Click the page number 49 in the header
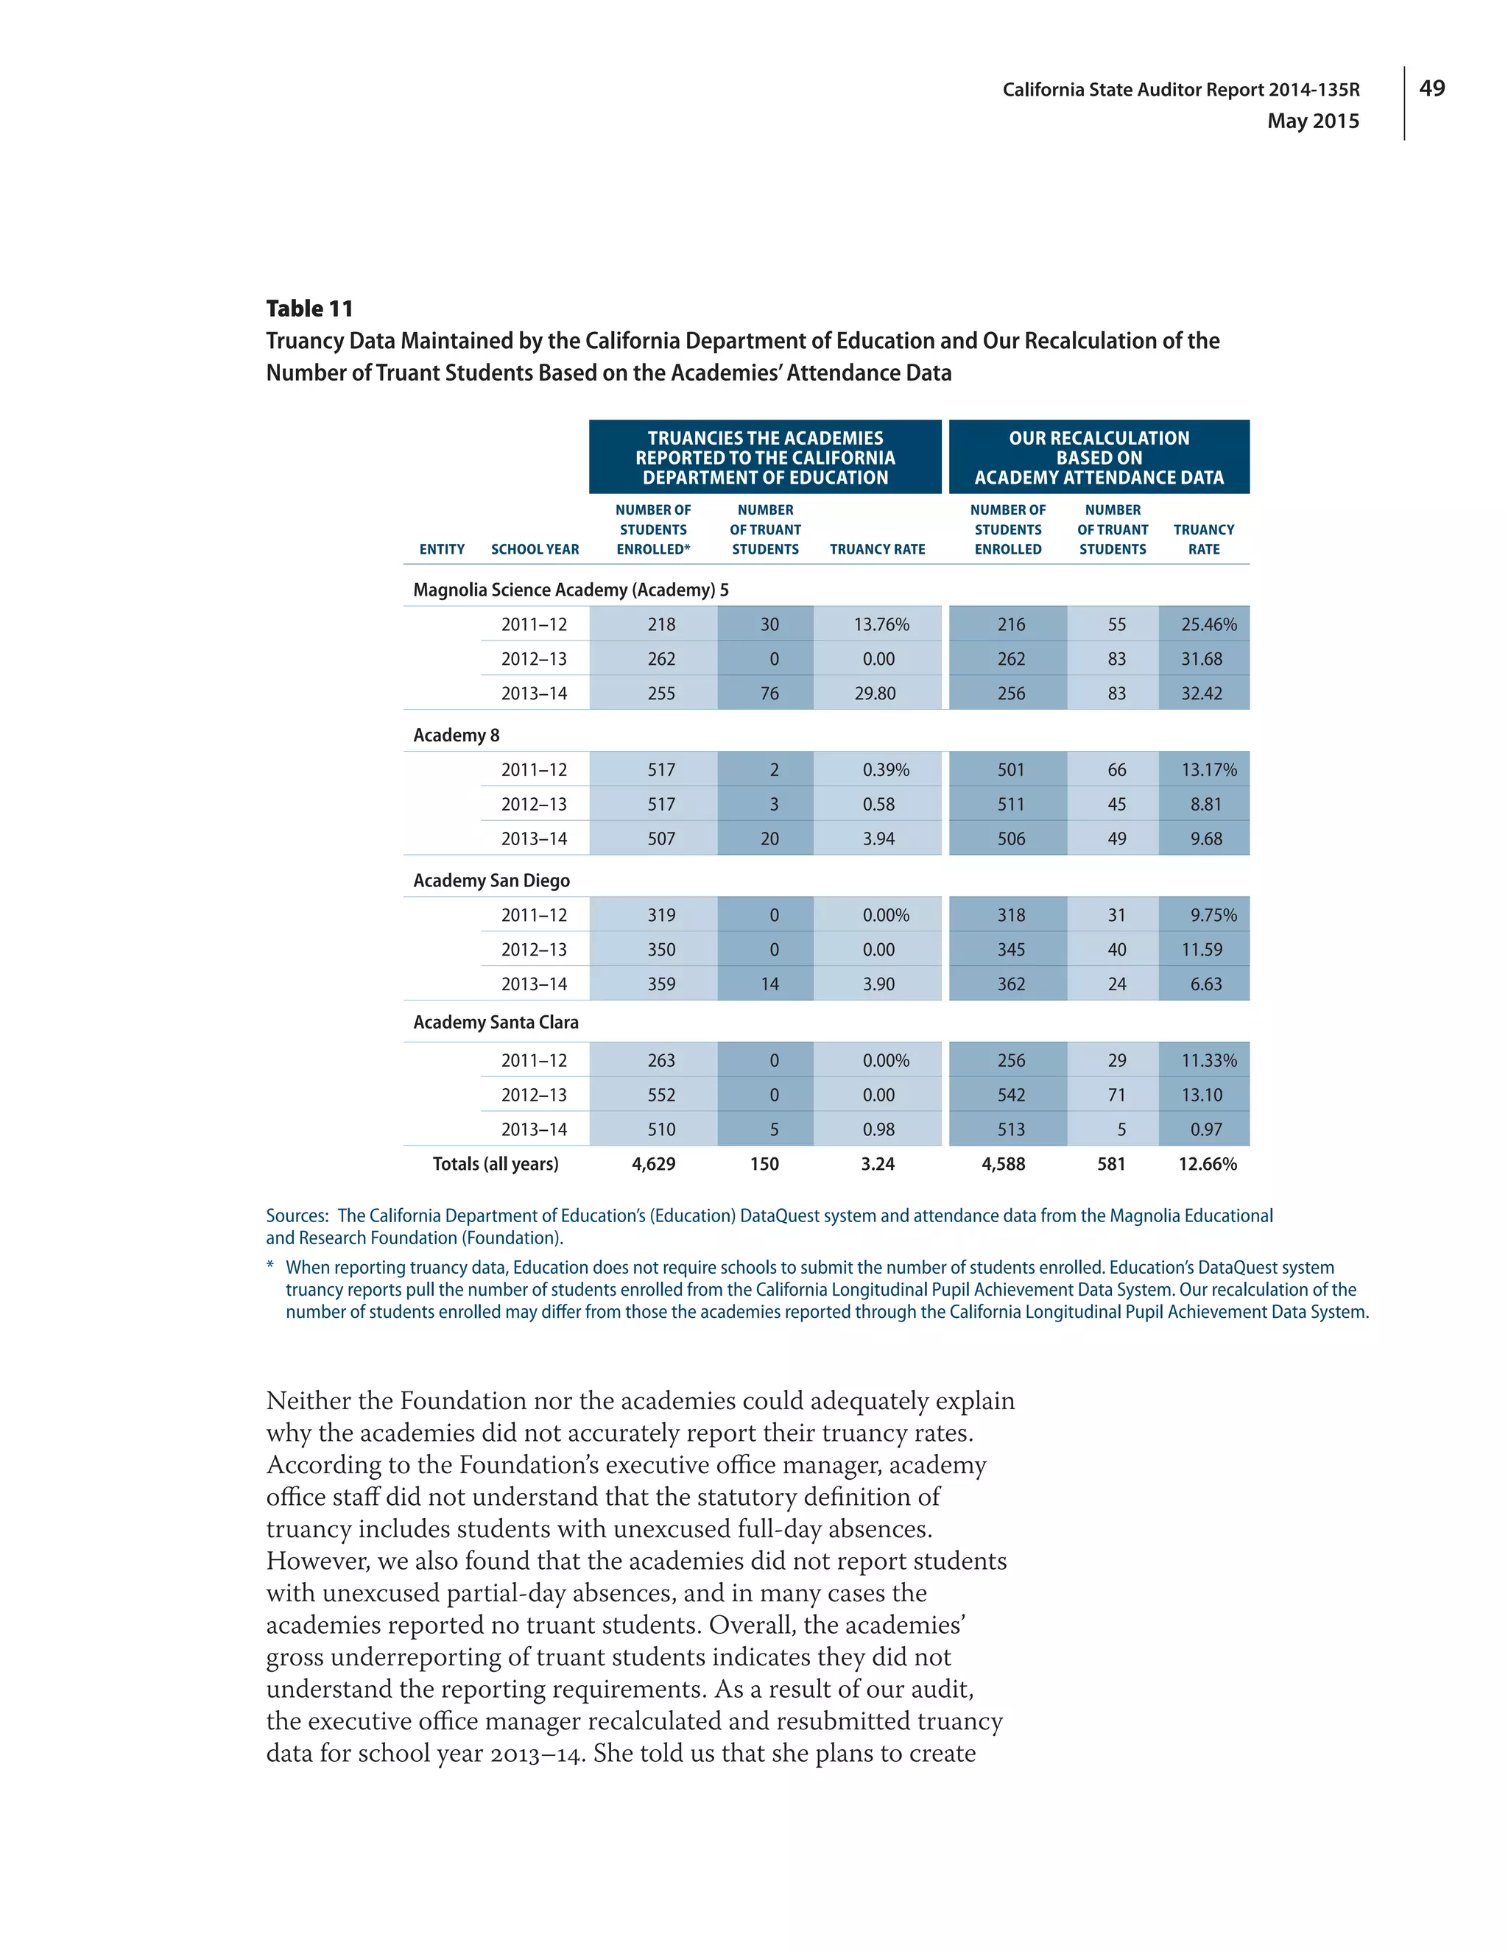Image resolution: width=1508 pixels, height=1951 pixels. point(1431,88)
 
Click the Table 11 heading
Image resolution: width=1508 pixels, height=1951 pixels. point(309,309)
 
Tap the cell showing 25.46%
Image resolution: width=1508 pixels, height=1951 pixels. point(1208,624)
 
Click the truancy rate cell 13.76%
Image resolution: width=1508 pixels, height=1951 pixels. point(880,624)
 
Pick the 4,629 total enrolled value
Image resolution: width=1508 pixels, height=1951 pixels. point(653,1164)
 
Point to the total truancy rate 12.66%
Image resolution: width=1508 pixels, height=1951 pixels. point(1207,1164)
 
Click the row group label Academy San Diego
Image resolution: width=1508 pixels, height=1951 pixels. point(491,881)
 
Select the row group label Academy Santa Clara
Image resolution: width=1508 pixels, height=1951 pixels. point(496,1022)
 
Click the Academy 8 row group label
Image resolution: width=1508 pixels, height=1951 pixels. point(457,735)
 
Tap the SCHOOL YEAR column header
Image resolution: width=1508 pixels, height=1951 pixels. point(535,549)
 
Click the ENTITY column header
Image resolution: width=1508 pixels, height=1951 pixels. point(443,549)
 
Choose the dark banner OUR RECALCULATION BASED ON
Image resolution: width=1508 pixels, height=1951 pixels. point(1099,457)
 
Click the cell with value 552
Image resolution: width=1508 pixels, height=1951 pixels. point(661,1096)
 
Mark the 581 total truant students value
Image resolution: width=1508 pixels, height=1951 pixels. point(1110,1164)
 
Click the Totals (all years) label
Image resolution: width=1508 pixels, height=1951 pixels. point(495,1164)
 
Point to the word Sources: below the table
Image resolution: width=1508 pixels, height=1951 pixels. point(297,1216)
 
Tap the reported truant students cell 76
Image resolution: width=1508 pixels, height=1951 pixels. point(769,694)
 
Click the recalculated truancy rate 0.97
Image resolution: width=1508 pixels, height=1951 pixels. point(1205,1129)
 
